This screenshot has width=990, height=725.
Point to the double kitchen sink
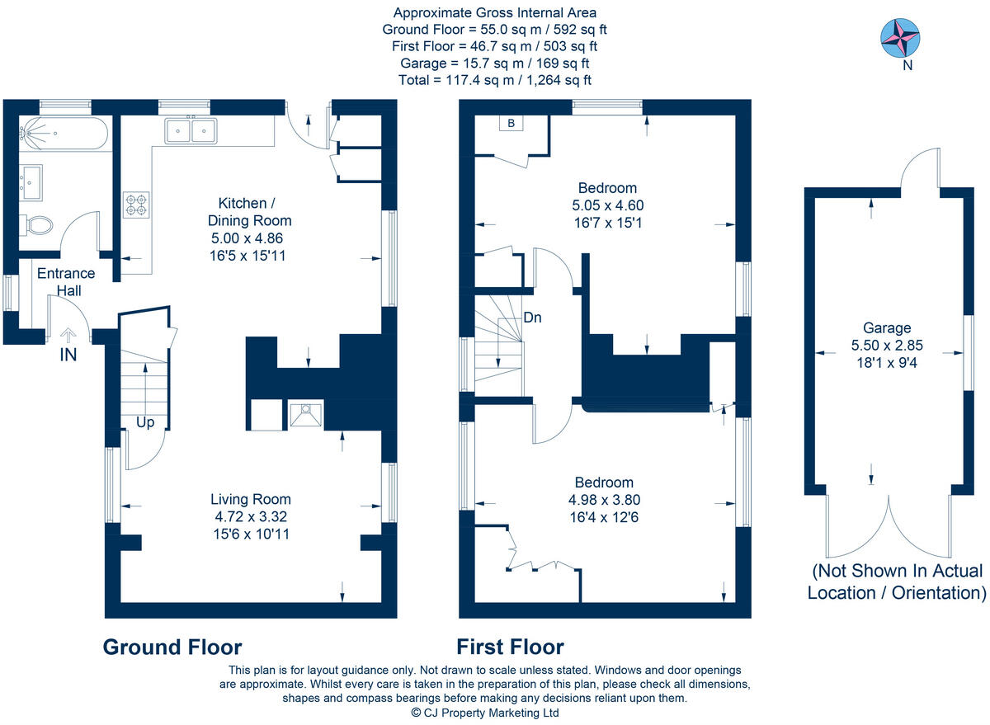191,130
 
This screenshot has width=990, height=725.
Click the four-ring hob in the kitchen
136,205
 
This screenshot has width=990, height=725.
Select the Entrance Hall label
64,281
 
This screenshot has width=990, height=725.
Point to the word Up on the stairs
145,422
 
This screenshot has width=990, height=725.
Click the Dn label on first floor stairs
532,318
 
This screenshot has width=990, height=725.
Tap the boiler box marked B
511,124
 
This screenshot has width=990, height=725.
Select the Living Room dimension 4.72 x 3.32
250,517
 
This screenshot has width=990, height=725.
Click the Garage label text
886,327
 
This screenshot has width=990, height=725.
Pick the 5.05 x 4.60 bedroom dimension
607,205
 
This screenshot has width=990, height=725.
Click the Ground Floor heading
172,647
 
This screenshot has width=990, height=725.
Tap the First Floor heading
510,647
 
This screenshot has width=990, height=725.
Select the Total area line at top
494,80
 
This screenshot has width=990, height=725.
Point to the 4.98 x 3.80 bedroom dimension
604,500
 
